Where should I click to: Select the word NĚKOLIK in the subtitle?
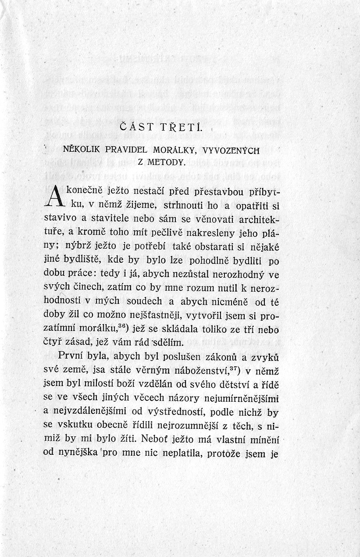80,150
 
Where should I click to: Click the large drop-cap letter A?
52,197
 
